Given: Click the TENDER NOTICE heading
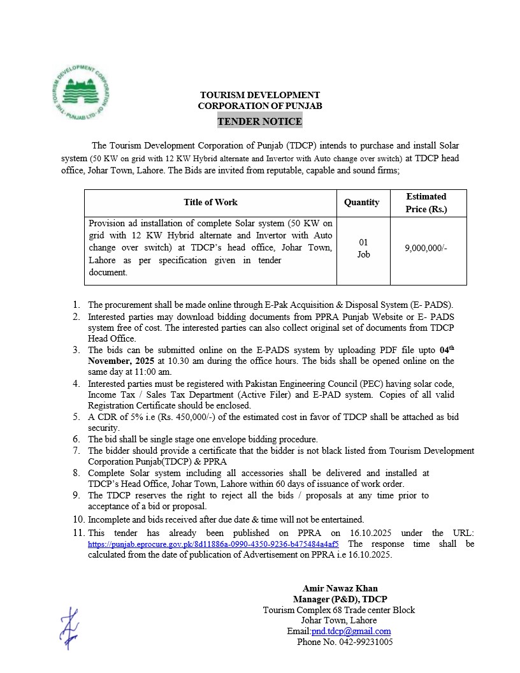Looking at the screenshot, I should tap(259, 121).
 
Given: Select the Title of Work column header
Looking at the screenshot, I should tap(210, 202).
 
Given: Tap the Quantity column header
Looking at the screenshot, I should tap(361, 202).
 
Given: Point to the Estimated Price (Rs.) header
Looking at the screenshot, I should tap(426, 202).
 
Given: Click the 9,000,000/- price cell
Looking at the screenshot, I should tap(426, 249).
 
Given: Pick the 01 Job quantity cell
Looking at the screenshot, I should tap(363, 249).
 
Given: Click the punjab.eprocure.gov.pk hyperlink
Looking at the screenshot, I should tap(213, 544).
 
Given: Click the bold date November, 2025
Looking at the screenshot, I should tap(117, 361).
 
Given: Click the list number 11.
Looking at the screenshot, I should tap(78, 533).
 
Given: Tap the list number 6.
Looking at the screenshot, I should tap(76, 439).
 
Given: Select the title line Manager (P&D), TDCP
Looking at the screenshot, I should tap(340, 599).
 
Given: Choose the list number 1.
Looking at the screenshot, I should tap(76, 305).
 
